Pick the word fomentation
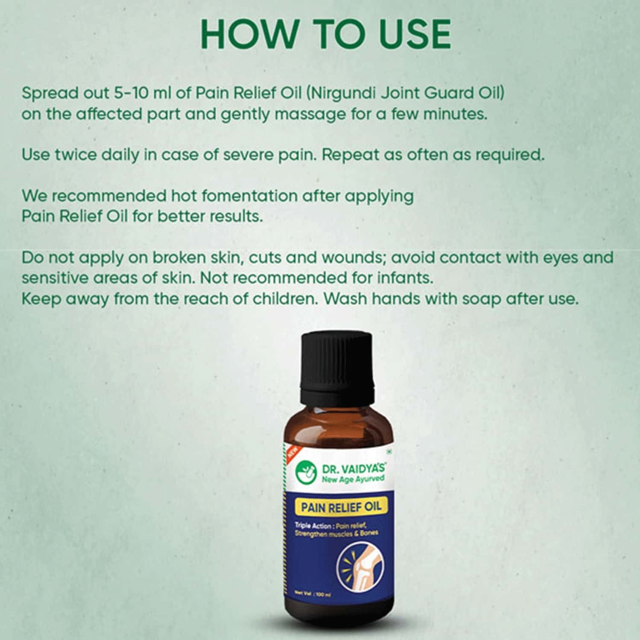(249, 196)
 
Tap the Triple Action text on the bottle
(313, 526)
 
